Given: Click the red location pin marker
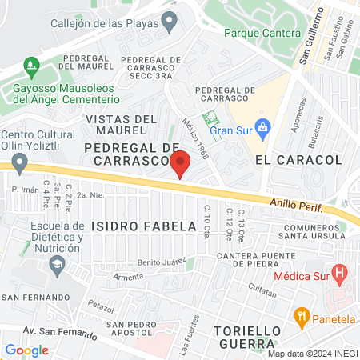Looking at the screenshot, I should [180, 162].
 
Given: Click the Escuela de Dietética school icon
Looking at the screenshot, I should [56, 271].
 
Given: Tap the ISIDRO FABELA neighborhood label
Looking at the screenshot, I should [143, 226].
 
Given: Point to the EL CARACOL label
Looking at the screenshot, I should [298, 160].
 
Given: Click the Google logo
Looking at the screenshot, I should [26, 350].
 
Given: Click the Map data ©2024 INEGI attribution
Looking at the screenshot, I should [312, 354].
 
